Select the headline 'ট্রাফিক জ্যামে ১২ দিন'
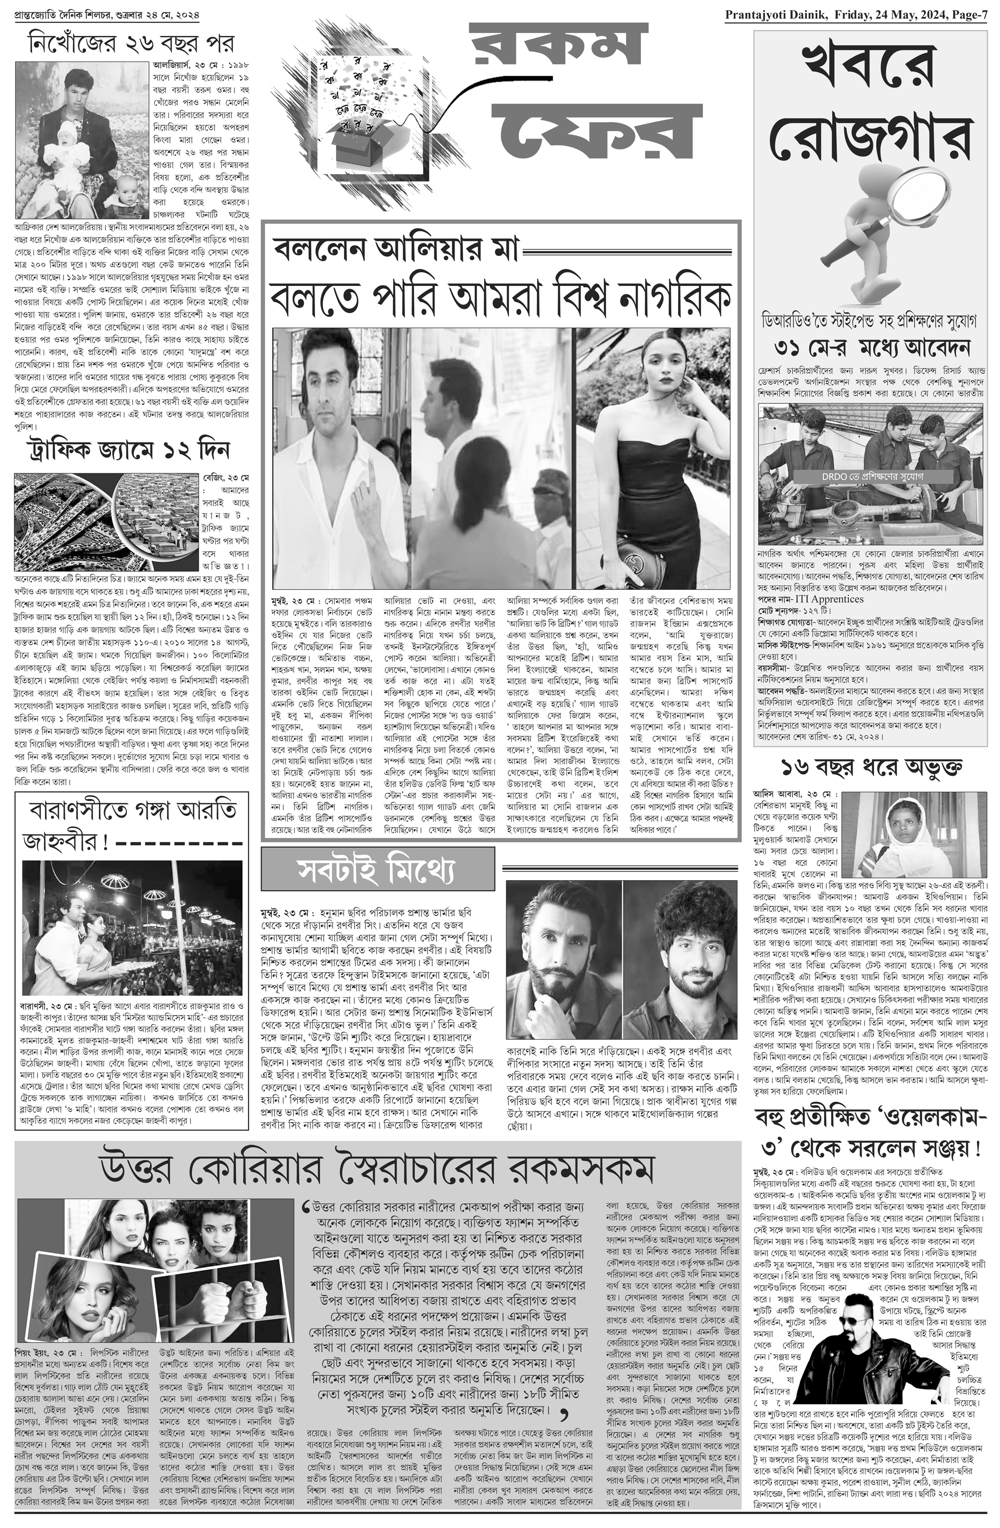coord(128,450)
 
